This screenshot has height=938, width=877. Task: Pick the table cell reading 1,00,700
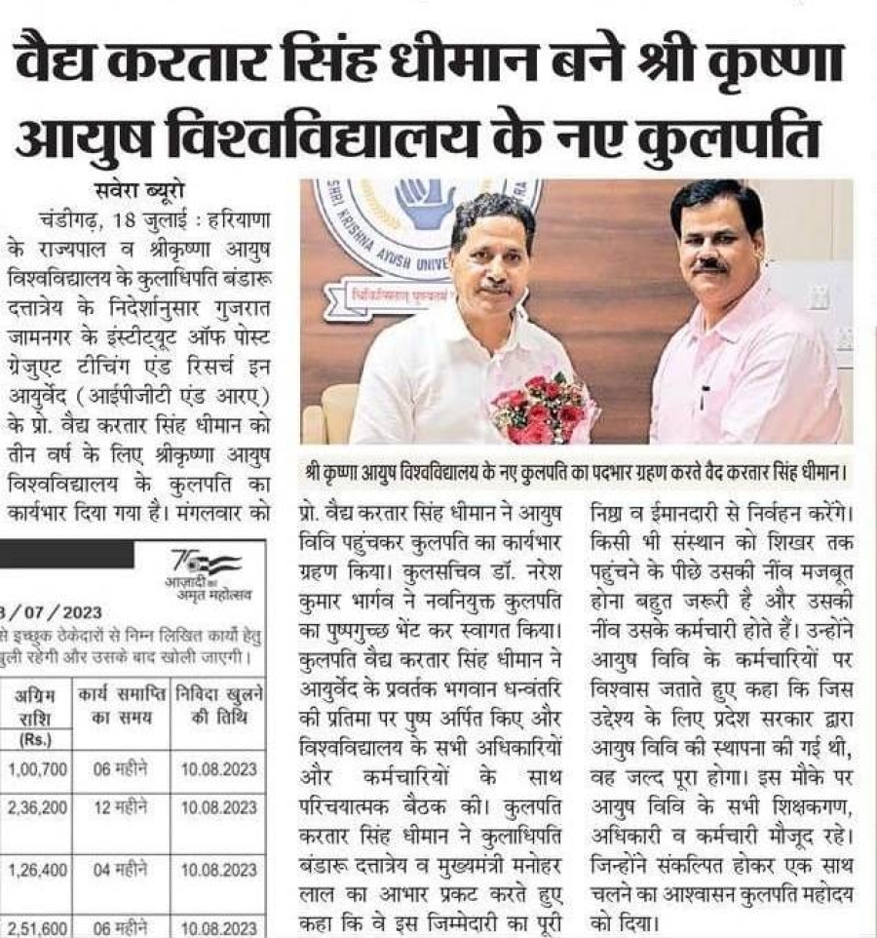[x=35, y=769]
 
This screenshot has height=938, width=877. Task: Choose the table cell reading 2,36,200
[x=35, y=807]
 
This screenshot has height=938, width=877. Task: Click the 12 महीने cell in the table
[x=120, y=807]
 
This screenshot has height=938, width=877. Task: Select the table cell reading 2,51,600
[x=35, y=924]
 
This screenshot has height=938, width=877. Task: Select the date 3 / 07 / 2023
[x=57, y=613]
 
